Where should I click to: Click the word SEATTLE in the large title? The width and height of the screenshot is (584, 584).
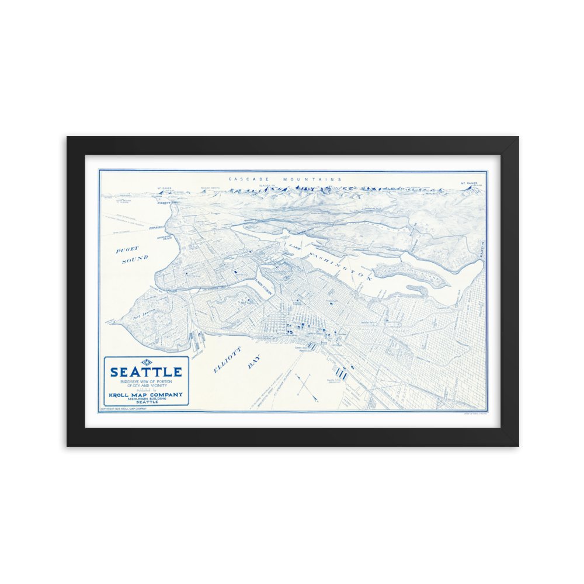click(146, 371)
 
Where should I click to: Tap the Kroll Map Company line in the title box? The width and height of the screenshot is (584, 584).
click(145, 394)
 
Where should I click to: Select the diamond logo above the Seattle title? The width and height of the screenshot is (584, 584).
click(146, 362)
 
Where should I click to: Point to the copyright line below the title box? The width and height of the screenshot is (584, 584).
click(123, 409)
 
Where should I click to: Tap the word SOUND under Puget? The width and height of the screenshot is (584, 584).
click(135, 259)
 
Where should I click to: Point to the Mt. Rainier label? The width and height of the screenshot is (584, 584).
click(470, 182)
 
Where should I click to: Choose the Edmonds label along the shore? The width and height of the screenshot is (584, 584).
click(157, 228)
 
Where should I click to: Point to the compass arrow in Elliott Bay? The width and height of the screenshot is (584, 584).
click(305, 385)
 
